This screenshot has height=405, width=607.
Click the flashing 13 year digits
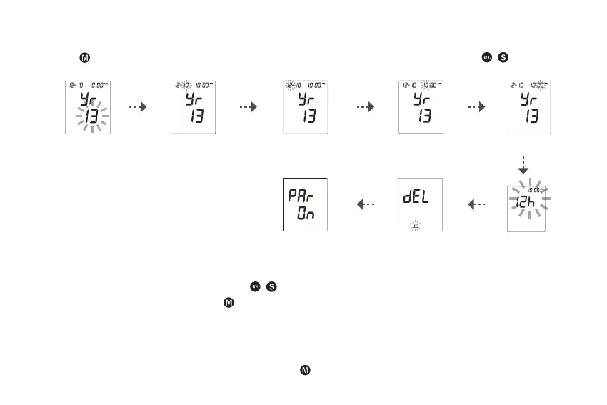tap(89, 115)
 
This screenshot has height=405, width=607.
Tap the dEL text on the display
tap(416, 199)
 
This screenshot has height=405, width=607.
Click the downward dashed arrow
tap(523, 164)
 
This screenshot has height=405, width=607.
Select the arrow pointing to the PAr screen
tap(366, 205)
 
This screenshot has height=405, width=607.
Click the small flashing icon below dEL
tap(416, 225)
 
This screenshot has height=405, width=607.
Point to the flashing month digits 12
tap(289, 85)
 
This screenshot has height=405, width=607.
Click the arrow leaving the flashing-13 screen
tap(137, 106)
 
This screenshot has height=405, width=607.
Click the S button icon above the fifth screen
tap(503, 56)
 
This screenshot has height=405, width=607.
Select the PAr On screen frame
tap(305, 205)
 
